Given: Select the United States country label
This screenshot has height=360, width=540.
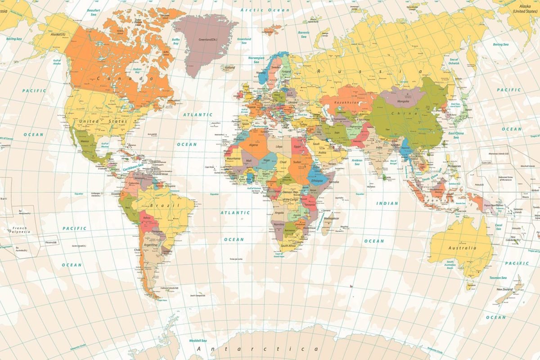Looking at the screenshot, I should [103, 121].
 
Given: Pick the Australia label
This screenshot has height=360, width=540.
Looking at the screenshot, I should [462, 248].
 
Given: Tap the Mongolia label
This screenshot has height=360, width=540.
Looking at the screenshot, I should [403, 102].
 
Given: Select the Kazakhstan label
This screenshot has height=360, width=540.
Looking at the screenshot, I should [346, 103].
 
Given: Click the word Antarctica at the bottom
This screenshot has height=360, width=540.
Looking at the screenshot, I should [259, 349].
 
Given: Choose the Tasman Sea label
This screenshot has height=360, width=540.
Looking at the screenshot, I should [498, 278].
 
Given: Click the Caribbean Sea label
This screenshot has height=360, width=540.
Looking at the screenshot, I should [134, 167].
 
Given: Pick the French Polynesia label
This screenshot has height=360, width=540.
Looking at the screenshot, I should [19, 230].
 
